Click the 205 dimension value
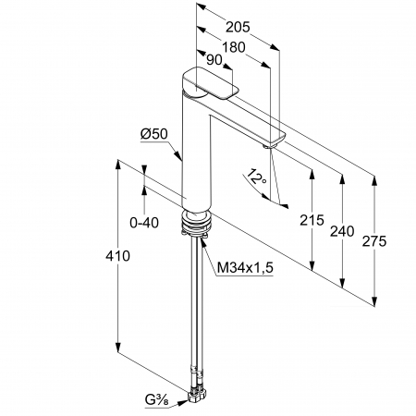tap(238, 27)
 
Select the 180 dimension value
tap(234, 47)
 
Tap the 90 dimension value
tap(214, 60)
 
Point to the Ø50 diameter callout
tap(154, 134)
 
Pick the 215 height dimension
tap(312, 220)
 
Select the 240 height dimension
tap(342, 231)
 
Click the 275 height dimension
tap(373, 241)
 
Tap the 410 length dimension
tap(117, 256)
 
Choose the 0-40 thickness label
tap(144, 223)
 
